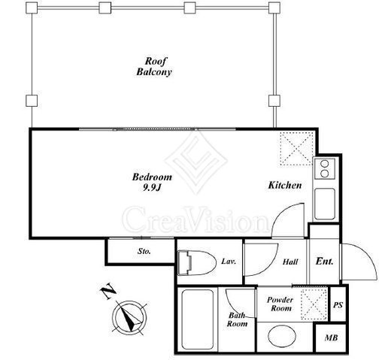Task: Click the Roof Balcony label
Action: click(154, 66)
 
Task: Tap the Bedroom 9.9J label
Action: click(152, 182)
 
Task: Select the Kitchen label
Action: click(285, 186)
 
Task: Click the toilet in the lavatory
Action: click(196, 262)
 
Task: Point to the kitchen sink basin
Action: click(325, 204)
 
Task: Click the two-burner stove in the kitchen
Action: click(325, 168)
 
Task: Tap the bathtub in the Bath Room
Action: click(198, 319)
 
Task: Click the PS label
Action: click(338, 305)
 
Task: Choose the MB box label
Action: click(331, 337)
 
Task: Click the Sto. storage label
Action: click(144, 251)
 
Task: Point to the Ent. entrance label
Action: click(325, 262)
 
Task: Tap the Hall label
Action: click(290, 262)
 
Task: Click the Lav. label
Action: click(229, 262)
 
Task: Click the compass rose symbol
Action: click(129, 318)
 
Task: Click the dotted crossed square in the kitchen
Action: click(297, 149)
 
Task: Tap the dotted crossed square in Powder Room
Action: click(314, 304)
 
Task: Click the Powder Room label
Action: click(280, 304)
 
